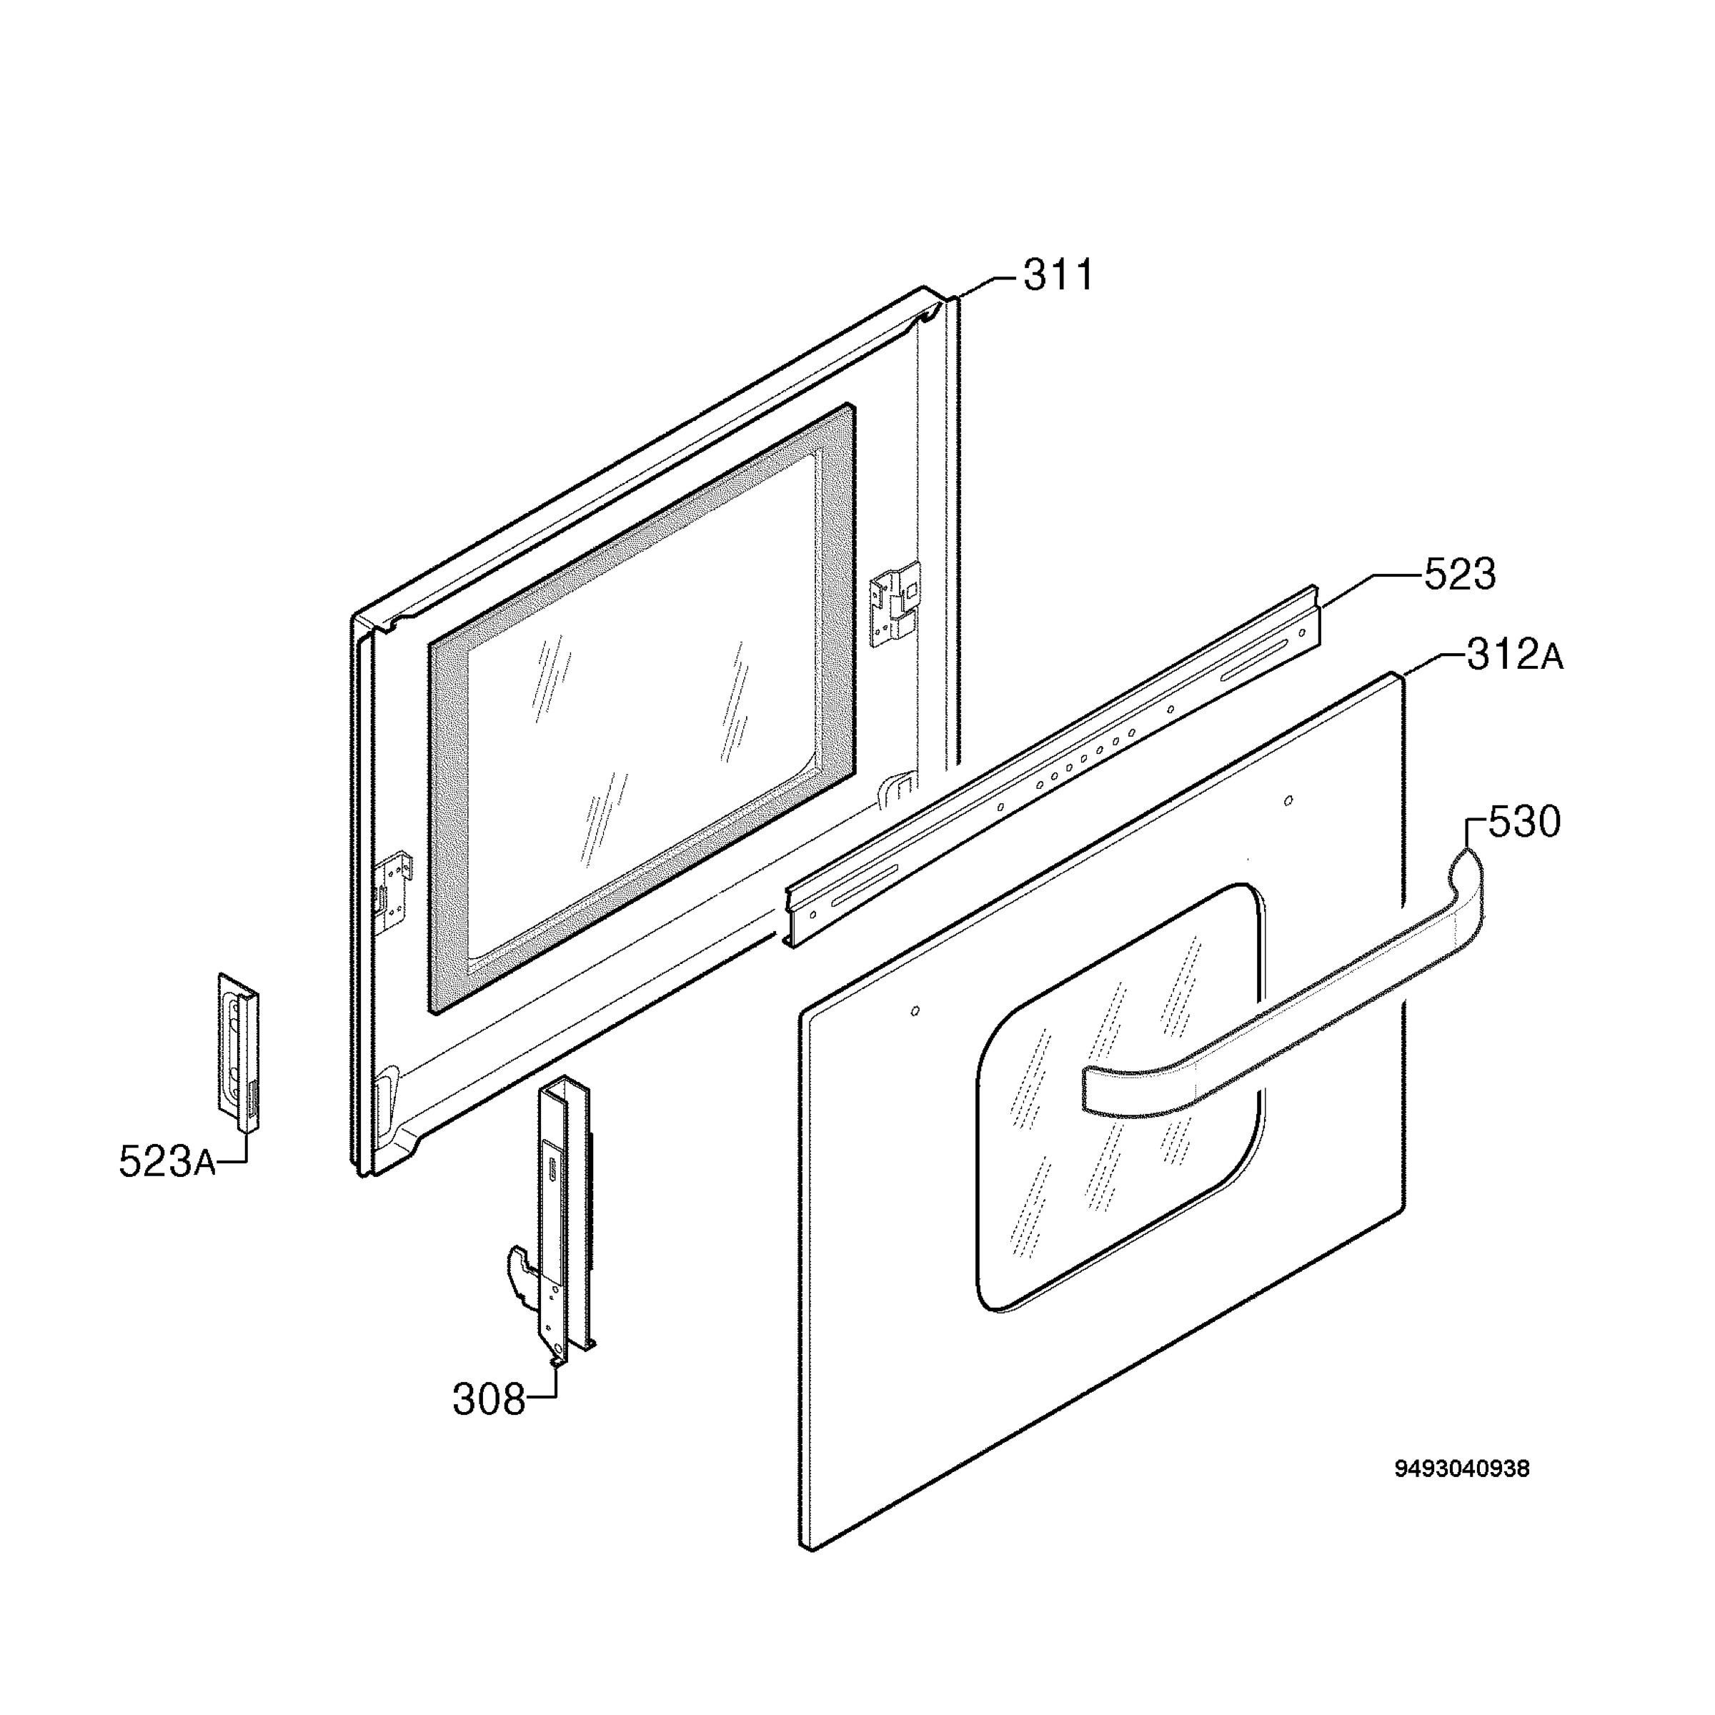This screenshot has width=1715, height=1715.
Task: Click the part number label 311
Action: click(x=1058, y=276)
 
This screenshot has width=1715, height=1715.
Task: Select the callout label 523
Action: click(x=1460, y=575)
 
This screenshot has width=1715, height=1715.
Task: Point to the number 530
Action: click(x=1523, y=823)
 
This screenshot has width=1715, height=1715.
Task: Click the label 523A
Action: click(x=168, y=1162)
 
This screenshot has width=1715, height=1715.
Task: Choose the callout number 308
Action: click(x=489, y=1400)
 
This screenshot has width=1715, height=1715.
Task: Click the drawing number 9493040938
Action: click(x=1462, y=1469)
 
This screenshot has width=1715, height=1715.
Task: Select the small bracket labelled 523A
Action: click(x=239, y=1052)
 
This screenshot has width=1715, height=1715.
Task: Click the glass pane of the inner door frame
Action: click(x=641, y=710)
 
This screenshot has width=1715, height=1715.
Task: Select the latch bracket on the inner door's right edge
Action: click(x=895, y=604)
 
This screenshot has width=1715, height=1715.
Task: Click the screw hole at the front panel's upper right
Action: click(x=1289, y=800)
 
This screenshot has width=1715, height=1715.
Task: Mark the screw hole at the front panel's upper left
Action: click(x=915, y=1011)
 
